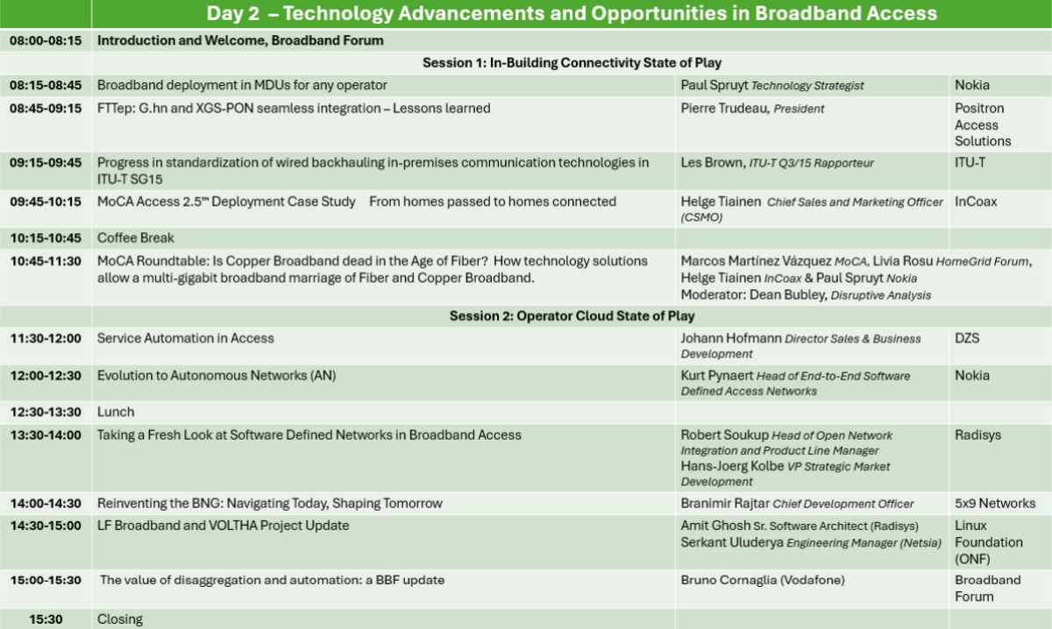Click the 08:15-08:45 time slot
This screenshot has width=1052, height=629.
(46, 86)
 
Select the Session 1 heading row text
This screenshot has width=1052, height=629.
(572, 63)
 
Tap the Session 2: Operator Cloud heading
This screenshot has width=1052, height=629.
(572, 316)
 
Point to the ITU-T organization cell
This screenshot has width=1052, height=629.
(970, 163)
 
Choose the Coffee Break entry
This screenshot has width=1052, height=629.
(135, 238)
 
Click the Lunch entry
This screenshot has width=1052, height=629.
(116, 412)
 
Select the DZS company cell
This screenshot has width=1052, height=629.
(967, 338)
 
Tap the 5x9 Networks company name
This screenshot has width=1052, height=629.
(995, 504)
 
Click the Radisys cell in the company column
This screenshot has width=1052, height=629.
(977, 435)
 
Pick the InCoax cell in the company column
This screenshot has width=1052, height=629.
(976, 201)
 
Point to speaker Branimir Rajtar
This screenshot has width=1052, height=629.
(725, 504)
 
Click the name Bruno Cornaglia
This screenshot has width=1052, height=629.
(729, 580)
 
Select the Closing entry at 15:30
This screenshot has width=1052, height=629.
(120, 619)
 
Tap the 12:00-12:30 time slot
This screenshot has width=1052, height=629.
(46, 376)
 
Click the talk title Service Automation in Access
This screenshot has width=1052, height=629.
(186, 338)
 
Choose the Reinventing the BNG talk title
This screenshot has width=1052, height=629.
(270, 504)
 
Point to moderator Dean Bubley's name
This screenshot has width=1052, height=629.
(787, 295)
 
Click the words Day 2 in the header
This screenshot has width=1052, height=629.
(233, 14)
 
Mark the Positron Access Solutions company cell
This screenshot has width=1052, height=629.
(983, 125)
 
